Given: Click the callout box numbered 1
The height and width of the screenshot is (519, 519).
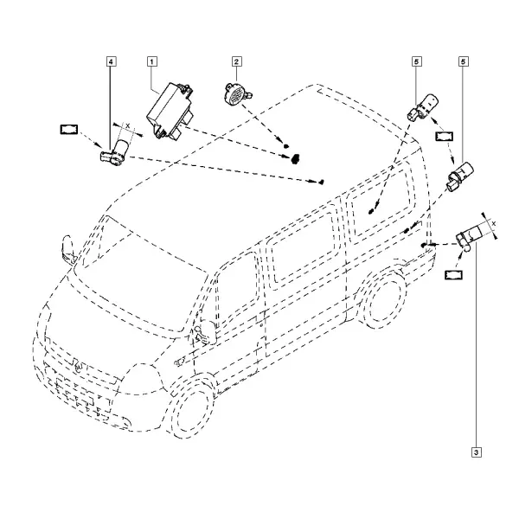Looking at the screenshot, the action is coord(152,61).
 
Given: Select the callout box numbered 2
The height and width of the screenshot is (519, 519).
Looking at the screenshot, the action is coord(236,61).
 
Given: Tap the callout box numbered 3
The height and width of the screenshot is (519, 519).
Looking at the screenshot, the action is coord(477,452).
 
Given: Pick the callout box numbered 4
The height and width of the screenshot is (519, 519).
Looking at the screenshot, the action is coord(112,61).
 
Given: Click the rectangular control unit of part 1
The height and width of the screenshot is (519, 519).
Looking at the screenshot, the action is coord(170,111).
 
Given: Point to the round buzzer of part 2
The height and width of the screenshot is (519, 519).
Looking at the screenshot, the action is coord(236,93).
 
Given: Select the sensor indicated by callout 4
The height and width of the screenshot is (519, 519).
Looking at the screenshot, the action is coord(114,151).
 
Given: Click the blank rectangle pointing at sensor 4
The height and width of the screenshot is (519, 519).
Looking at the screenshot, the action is coord(69,130).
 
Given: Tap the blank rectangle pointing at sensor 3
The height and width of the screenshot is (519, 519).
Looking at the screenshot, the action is coord(454,275).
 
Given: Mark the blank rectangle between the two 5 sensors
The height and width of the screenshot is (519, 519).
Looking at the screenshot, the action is coord(445,137).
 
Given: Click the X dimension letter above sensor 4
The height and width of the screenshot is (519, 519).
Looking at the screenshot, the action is coord(128,125).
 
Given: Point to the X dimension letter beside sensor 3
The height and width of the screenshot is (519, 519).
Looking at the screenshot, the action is coord(494,224).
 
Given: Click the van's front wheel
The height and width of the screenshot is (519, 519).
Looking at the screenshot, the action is coord(193,408).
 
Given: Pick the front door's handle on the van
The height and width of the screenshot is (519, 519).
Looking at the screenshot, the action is coord(180,362).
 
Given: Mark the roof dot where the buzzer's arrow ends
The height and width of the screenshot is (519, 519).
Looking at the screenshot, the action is coord(286,146).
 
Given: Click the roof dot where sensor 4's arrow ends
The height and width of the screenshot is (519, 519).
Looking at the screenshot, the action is coord(321,182).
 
